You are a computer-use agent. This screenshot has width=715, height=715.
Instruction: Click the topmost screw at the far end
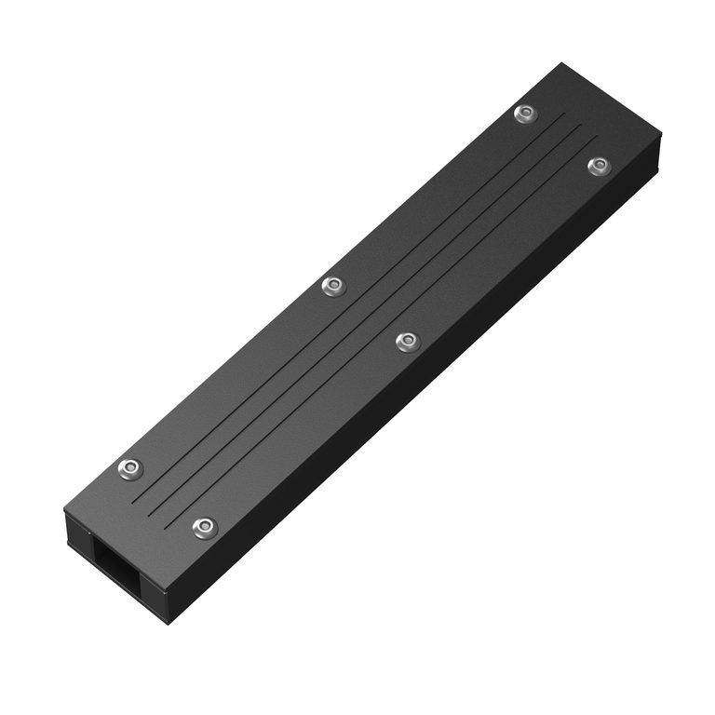526,114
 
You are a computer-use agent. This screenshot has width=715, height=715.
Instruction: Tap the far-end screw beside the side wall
599,166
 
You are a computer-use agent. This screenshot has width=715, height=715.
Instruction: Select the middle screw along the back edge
333,286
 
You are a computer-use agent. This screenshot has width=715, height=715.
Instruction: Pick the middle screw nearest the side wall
407,342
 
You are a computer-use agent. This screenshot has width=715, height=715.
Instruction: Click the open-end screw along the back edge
131,468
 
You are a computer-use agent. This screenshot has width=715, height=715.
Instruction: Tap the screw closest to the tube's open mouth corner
205,528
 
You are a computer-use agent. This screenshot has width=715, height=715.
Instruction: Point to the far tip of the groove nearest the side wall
597,140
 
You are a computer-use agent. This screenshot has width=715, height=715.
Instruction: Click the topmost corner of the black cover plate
562,63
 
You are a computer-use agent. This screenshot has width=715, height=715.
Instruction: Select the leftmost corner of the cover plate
64,510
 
